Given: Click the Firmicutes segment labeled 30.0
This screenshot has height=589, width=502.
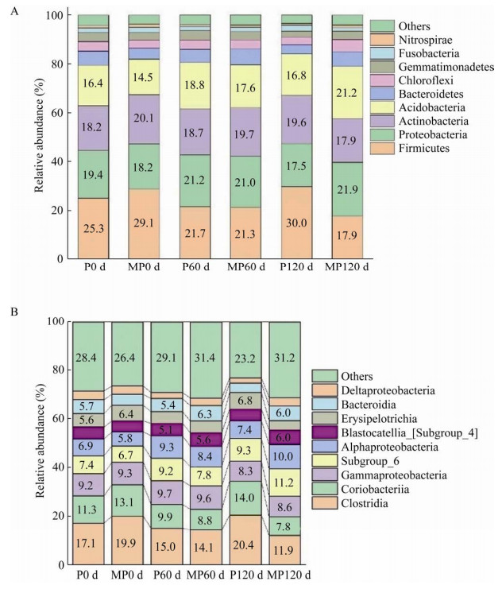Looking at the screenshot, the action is (x=296, y=223).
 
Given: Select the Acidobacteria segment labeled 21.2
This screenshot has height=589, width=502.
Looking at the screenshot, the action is (x=347, y=93).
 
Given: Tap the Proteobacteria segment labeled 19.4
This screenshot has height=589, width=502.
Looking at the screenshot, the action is (x=93, y=174).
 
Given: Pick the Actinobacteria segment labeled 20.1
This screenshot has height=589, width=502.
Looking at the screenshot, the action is (x=144, y=119).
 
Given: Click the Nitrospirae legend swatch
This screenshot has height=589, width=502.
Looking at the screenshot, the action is (x=382, y=40).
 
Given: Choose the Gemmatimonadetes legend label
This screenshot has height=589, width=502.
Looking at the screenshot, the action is (x=446, y=67).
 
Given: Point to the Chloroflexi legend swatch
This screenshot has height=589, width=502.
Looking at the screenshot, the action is (x=382, y=80).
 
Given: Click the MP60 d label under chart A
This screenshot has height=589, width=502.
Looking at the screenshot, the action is (x=246, y=267).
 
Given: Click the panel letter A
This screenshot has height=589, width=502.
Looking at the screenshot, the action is (x=14, y=12).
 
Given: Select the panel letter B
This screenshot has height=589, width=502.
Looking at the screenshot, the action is (x=14, y=312).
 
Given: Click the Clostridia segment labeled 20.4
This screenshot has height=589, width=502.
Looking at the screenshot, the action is (x=245, y=540).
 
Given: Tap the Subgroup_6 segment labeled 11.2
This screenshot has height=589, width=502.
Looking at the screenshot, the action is (x=284, y=482).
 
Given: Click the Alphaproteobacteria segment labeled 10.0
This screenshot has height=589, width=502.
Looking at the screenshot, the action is (x=284, y=457).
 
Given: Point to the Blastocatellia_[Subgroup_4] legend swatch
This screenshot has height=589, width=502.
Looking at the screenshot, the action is (x=325, y=433).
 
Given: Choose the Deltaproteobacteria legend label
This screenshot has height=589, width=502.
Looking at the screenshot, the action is (x=388, y=390).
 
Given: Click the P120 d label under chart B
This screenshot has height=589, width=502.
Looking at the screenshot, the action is (x=245, y=575).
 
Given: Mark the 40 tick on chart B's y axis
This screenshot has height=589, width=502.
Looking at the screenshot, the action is (x=60, y=467).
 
